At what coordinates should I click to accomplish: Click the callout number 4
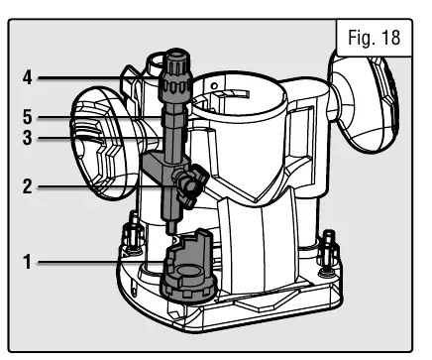pos(28,78)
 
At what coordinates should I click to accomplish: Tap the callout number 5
pos(28,117)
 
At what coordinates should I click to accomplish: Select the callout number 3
pos(28,138)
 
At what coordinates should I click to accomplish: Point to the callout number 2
pos(28,186)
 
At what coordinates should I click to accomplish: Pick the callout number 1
pos(28,262)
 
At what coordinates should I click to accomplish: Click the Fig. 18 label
pos(375,38)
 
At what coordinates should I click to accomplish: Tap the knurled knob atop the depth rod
pos(175,75)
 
